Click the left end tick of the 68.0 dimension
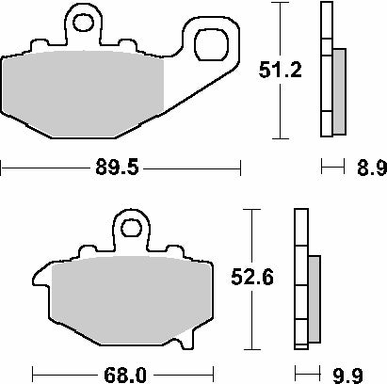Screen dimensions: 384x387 pyautogui.click(x=32, y=373)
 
